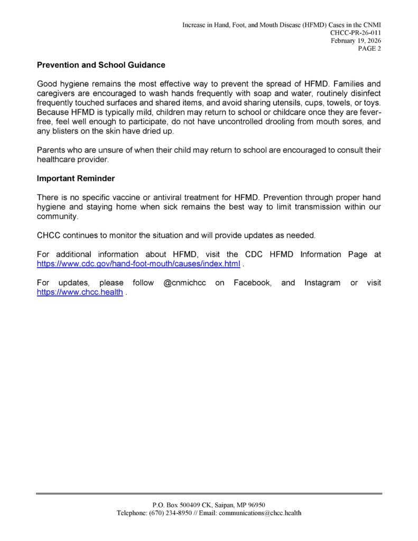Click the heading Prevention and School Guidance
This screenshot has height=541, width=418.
tap(101, 66)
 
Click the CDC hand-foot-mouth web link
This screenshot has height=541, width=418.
tap(138, 264)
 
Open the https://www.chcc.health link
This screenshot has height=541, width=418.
tap(80, 293)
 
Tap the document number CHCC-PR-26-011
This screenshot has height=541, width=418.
tap(356, 33)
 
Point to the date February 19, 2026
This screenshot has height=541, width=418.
tap(356, 41)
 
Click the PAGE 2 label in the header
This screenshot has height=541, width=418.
tap(369, 49)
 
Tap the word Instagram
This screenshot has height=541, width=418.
tap(322, 283)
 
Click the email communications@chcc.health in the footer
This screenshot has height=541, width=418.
tap(260, 513)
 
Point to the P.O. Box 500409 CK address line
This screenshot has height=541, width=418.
tap(209, 505)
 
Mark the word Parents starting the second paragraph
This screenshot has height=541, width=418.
tap(51, 150)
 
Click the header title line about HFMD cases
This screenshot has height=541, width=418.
tap(282, 25)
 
